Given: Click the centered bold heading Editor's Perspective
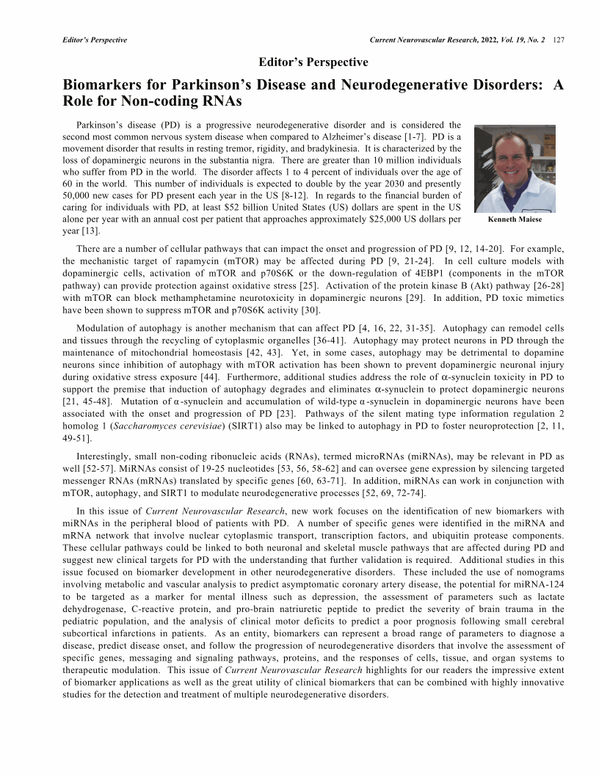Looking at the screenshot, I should click(x=313, y=62).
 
